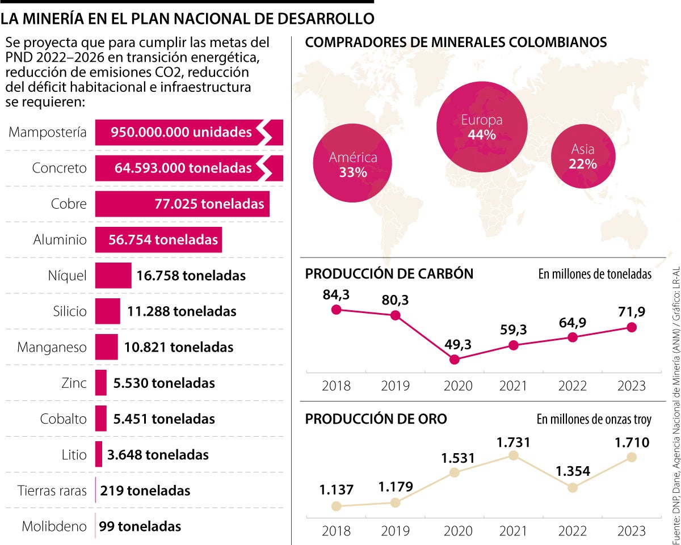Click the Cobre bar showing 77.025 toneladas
182,204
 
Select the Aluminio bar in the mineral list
158,240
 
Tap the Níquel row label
68,276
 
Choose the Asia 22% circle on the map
583,157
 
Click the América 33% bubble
353,164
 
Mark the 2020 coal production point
453,359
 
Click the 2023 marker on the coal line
632,327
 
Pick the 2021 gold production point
514,455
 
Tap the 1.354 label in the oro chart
573,471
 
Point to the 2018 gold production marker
336,506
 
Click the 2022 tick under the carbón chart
573,386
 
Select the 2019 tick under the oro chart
396,531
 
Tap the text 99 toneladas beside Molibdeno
140,526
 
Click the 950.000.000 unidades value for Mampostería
181,133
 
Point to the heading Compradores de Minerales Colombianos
456,43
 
